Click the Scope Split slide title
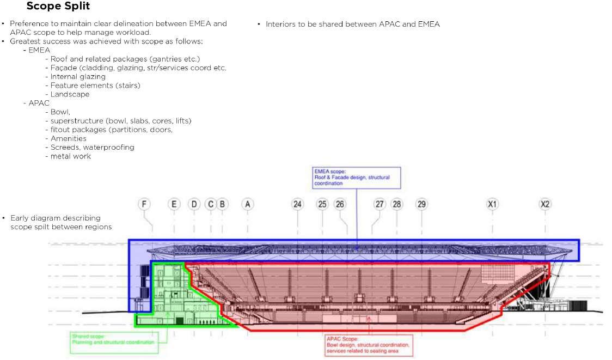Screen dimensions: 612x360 58,7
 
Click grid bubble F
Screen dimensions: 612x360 144,204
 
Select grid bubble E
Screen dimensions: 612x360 174,204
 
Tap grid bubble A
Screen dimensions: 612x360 248,204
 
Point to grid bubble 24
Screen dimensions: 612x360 297,204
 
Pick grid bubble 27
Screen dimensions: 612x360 380,204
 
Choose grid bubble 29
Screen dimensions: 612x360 421,204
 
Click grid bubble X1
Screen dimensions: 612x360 492,204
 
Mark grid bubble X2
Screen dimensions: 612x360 545,204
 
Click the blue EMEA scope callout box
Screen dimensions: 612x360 357,178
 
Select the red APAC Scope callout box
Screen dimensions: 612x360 368,345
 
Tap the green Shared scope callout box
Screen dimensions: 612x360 113,339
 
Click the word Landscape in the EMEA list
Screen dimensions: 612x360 70,94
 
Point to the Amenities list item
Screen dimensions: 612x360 68,138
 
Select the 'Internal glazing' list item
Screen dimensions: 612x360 78,77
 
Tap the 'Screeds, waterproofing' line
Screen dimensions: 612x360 92,147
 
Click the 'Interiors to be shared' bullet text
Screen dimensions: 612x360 352,25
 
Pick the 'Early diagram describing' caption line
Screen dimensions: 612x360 56,218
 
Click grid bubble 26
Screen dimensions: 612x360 340,204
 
